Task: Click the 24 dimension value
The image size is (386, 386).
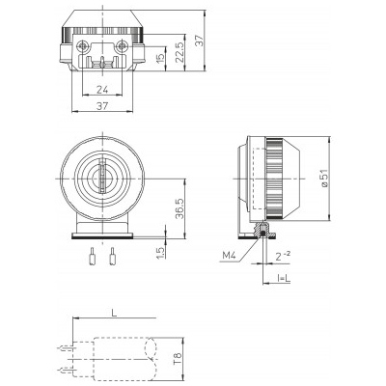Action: pos(102,90)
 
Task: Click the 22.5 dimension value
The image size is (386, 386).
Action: pos(180,52)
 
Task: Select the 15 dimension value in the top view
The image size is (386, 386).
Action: pos(160,57)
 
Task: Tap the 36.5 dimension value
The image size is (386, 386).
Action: pos(179,208)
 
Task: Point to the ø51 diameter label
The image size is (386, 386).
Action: pos(324,178)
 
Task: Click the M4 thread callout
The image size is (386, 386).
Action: pos(230,256)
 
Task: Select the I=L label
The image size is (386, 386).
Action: pos(284,279)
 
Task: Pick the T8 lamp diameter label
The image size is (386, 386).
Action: pos(178,359)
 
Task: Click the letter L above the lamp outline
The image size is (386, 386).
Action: pos(114,313)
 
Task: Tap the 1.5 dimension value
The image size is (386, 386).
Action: pos(161,253)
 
